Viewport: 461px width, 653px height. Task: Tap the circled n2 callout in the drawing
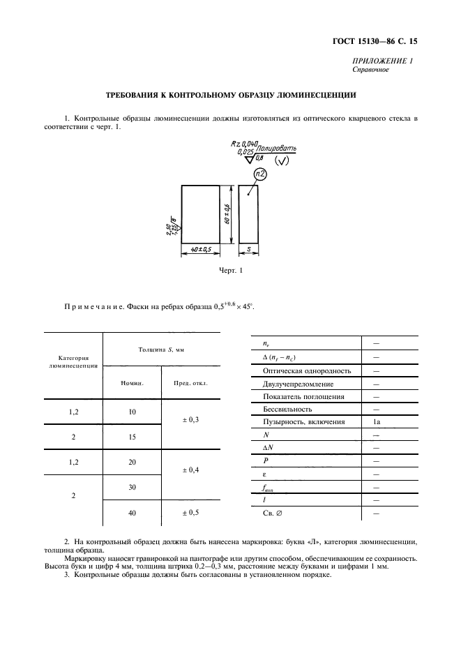(x=260, y=174)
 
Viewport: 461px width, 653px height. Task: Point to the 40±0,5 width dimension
(x=200, y=249)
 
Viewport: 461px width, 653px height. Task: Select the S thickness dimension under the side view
(x=248, y=249)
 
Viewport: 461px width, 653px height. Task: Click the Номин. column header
(x=132, y=382)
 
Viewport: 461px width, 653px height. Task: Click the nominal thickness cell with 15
(x=132, y=437)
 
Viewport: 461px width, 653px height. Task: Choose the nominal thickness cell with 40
(x=132, y=513)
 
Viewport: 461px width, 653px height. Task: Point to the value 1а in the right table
(x=376, y=421)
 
